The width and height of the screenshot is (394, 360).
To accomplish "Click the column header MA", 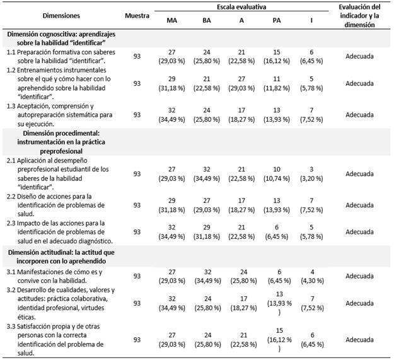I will click(171, 20).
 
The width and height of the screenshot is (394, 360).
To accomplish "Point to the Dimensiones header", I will click(62, 15).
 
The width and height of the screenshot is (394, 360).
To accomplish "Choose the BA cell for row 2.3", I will click(207, 232).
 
